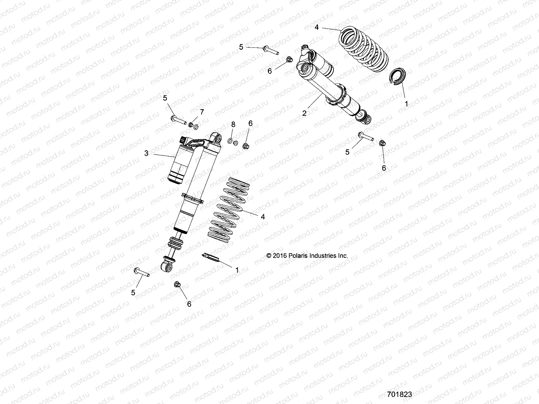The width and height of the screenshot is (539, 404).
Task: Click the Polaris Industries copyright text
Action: [x=307, y=256]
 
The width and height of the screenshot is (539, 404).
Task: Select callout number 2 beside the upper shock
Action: [x=304, y=113]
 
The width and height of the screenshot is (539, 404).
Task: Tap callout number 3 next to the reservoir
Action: [x=146, y=153]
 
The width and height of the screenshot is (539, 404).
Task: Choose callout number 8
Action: [x=233, y=125]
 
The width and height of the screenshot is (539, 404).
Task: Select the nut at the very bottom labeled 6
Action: [x=177, y=285]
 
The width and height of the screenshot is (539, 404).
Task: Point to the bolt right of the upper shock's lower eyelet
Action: [x=365, y=136]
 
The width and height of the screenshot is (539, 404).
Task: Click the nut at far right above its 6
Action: [x=382, y=143]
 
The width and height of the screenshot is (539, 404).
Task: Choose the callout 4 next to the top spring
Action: [x=316, y=27]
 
